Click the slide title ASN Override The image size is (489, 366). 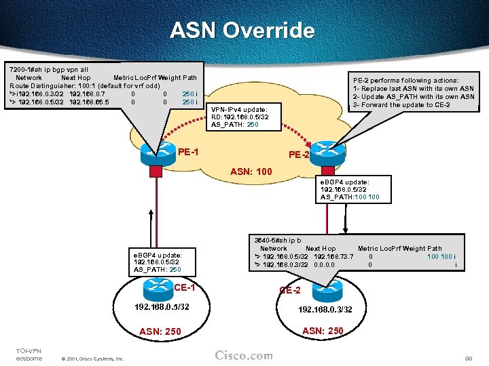pos(242,30)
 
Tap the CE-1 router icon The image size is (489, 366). pos(157,289)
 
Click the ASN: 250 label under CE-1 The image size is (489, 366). pos(161,331)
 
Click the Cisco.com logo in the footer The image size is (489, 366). pos(244,356)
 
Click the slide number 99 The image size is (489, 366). pos(467,357)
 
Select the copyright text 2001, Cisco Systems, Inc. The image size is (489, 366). pos(92,359)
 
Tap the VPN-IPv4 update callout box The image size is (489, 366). pos(240,117)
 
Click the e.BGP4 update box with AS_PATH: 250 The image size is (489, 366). pos(158,262)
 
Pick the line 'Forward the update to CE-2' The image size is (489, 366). pos(404,105)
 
